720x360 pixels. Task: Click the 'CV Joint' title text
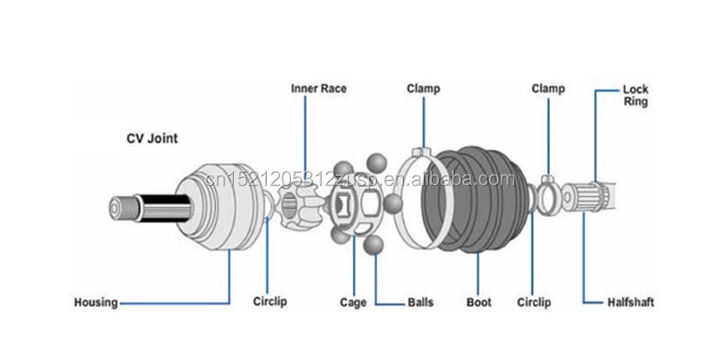[153, 139]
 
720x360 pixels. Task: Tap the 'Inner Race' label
[319, 88]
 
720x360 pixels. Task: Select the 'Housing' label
[95, 302]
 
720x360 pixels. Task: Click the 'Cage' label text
[353, 302]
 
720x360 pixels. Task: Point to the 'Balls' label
[419, 302]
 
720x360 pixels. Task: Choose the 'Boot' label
[478, 302]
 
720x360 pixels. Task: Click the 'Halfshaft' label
[631, 302]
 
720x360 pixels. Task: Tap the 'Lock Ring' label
[635, 95]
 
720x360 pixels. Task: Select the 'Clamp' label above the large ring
[423, 88]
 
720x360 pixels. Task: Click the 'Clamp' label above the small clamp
[548, 88]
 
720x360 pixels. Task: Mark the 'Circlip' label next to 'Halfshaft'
[534, 302]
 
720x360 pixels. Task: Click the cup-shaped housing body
[223, 205]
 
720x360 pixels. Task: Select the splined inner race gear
[297, 207]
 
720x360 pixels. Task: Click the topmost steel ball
[378, 162]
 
